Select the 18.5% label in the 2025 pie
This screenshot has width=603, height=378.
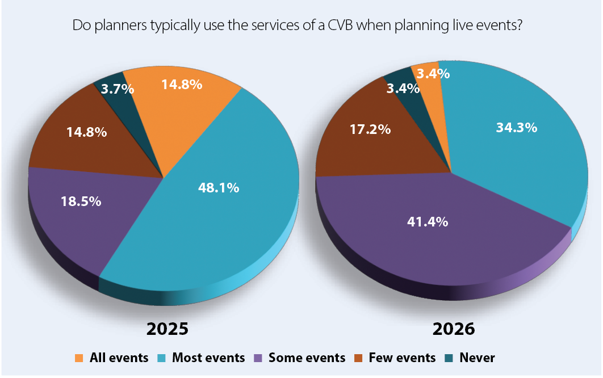(81, 200)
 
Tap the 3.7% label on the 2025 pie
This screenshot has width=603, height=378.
(118, 89)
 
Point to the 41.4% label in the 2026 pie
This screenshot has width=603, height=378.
(427, 222)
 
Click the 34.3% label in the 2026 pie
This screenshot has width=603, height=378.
(516, 128)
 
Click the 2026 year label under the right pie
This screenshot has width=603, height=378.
(453, 329)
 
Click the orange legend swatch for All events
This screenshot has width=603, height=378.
(79, 358)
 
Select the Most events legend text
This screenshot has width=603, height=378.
(208, 358)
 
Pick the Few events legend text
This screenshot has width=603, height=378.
(402, 358)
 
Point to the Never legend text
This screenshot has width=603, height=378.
(477, 358)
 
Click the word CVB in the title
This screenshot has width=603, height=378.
(345, 26)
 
